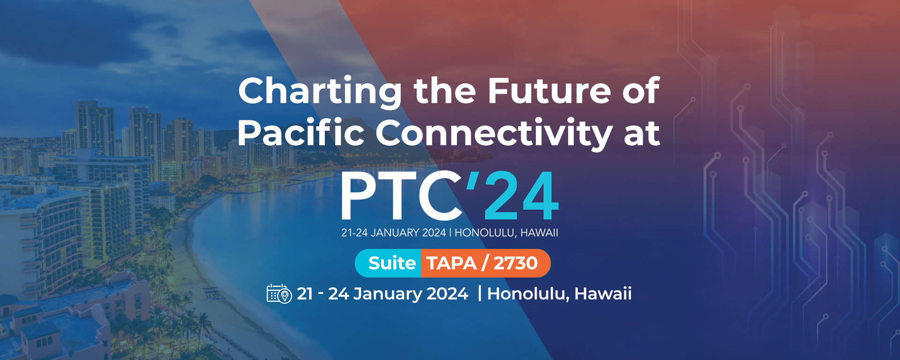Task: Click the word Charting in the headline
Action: point(320,92)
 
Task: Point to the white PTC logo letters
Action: point(401,195)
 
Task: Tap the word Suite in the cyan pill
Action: point(392,263)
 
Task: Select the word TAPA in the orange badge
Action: point(451,263)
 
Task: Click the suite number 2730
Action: point(516,263)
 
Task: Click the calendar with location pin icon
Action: point(279,293)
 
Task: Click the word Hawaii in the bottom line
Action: point(603,293)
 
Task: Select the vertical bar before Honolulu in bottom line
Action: point(480,293)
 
